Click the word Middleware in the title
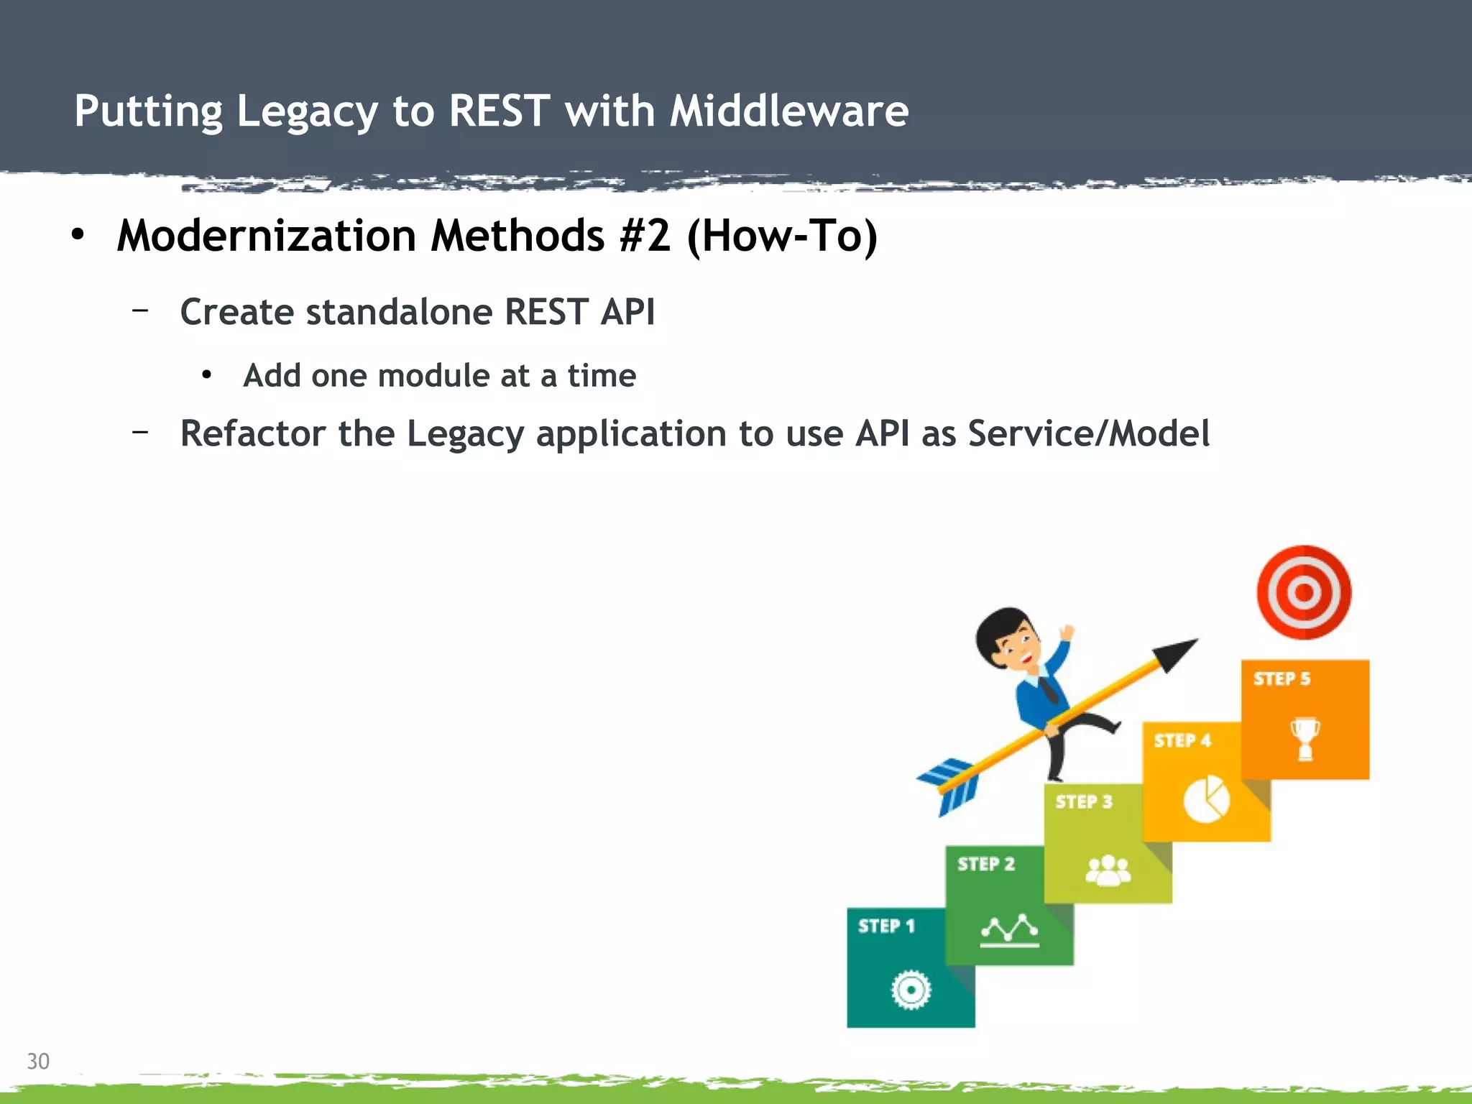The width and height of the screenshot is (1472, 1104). pos(788,111)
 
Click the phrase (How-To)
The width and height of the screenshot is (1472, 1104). pos(782,236)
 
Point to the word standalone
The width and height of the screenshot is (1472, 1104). pos(399,312)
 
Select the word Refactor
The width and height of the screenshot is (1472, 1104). pos(252,433)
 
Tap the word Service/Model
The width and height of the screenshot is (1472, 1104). pos(1088,433)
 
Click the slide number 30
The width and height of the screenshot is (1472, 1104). pos(38,1061)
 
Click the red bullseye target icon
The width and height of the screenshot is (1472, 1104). pos(1304,592)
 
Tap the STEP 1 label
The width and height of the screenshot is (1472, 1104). pos(885,926)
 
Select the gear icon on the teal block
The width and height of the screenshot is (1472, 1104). pos(911,990)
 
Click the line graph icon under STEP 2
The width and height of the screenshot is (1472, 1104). pos(1009,930)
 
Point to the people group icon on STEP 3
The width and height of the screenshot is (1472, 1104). pos(1108,870)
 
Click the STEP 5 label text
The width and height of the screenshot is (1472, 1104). pos(1282,678)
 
